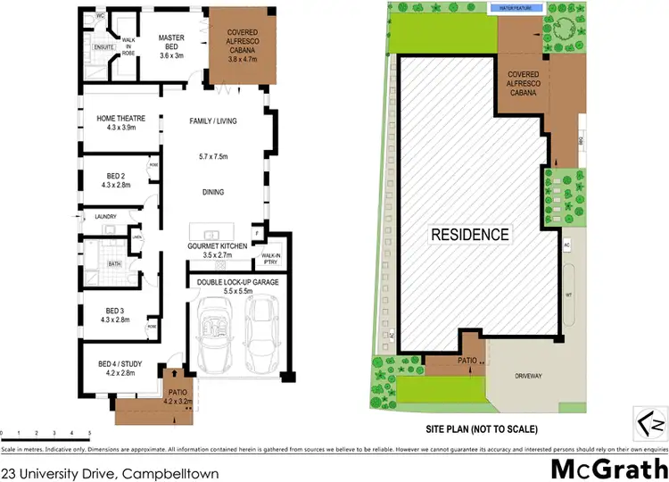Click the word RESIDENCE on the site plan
click(x=471, y=236)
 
